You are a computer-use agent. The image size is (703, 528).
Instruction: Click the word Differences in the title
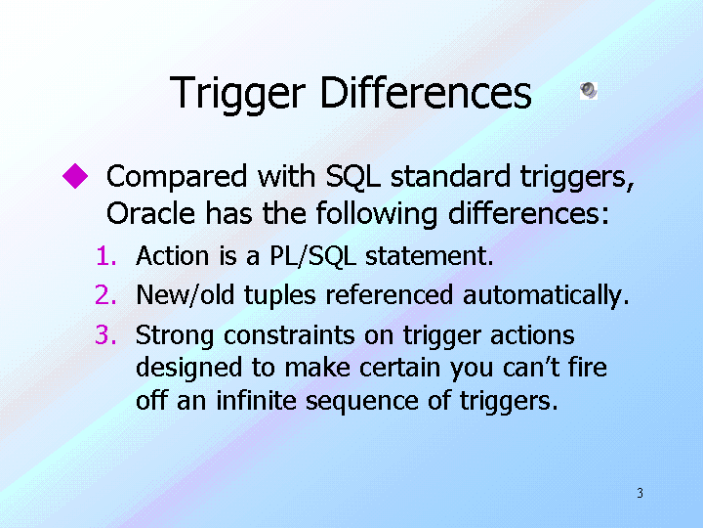[x=426, y=93]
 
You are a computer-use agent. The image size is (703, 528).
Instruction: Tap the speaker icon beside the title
[x=589, y=91]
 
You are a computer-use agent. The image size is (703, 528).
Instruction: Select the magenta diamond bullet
[x=75, y=176]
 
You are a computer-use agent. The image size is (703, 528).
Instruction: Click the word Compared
[x=177, y=177]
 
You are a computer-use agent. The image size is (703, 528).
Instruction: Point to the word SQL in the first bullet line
[x=352, y=177]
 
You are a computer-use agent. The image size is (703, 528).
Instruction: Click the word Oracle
[x=150, y=213]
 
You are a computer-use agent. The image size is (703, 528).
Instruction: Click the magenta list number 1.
[x=106, y=256]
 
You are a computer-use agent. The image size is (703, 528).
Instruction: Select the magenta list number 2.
[x=106, y=295]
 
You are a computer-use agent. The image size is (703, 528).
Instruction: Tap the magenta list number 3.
[x=106, y=335]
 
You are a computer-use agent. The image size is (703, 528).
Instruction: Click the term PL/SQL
[x=313, y=256]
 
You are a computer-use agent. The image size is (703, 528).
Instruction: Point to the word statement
[x=429, y=256]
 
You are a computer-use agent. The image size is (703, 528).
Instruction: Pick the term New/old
[x=186, y=295]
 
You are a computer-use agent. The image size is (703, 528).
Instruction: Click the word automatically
[x=546, y=296]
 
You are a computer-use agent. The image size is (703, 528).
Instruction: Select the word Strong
[x=175, y=336]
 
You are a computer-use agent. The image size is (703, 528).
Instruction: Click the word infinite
[x=256, y=400]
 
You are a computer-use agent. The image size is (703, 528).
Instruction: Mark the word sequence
[x=362, y=402]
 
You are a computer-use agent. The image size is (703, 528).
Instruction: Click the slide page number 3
[x=641, y=493]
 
